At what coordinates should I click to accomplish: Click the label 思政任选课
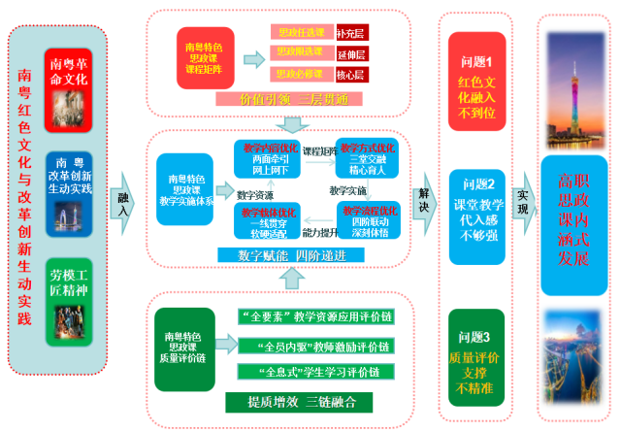[301, 32]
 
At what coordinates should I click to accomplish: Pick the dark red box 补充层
[351, 32]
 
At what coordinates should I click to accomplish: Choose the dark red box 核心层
[351, 75]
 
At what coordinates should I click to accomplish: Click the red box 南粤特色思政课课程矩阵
[205, 57]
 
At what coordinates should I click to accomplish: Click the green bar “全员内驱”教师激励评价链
[313, 347]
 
